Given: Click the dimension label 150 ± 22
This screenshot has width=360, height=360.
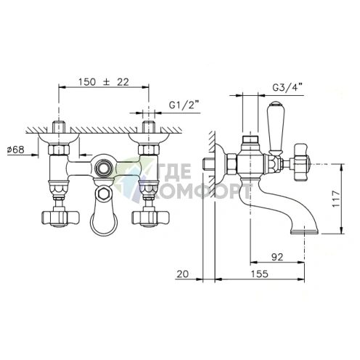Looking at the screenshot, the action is [x=104, y=82].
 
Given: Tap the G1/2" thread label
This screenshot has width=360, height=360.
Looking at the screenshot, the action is [x=181, y=105].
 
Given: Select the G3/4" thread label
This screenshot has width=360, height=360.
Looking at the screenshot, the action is [x=287, y=88].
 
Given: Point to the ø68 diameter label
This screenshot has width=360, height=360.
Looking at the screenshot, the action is [x=16, y=150].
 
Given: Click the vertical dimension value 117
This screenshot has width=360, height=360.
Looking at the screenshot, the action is [x=336, y=198].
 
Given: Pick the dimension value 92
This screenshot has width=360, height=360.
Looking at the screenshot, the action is [x=277, y=257].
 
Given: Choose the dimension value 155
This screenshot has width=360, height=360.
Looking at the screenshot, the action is [x=259, y=274].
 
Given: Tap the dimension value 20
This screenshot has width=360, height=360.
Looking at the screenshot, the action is [x=183, y=274].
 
